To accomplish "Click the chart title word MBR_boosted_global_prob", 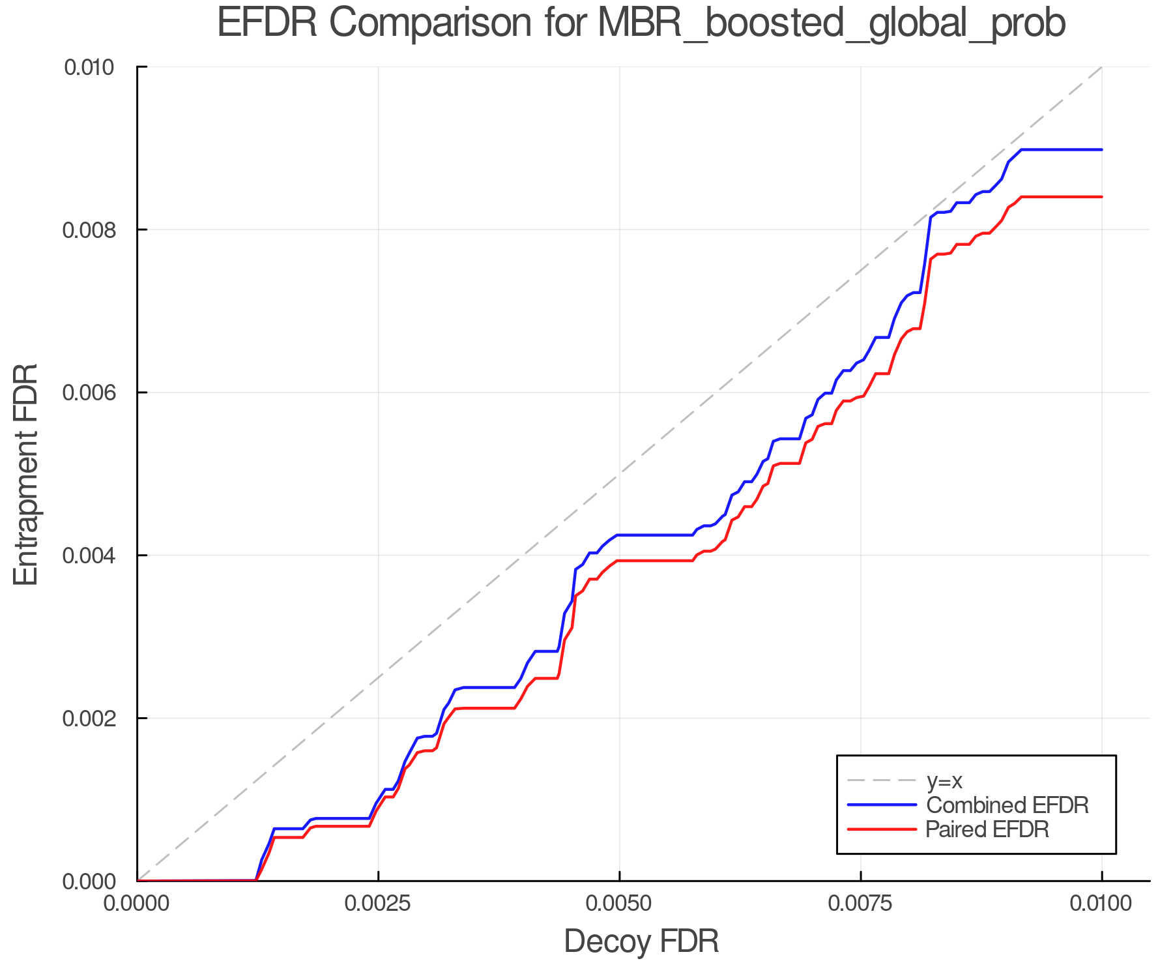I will click(x=831, y=23).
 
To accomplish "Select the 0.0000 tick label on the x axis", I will click(x=137, y=904).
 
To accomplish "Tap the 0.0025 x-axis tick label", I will click(x=378, y=904).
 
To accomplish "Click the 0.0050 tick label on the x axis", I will click(x=619, y=904).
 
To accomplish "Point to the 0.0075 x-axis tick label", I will click(x=860, y=904).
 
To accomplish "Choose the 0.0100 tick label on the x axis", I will click(x=1101, y=904).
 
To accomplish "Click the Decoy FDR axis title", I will click(x=641, y=941).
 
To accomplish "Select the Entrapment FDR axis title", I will click(x=26, y=475).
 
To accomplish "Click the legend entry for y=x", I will click(x=944, y=780).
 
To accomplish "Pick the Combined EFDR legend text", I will click(x=1007, y=805).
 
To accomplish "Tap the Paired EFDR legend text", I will click(x=987, y=829).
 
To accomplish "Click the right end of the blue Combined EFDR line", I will click(x=1101, y=150).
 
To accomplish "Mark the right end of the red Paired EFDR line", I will click(x=1101, y=197).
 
